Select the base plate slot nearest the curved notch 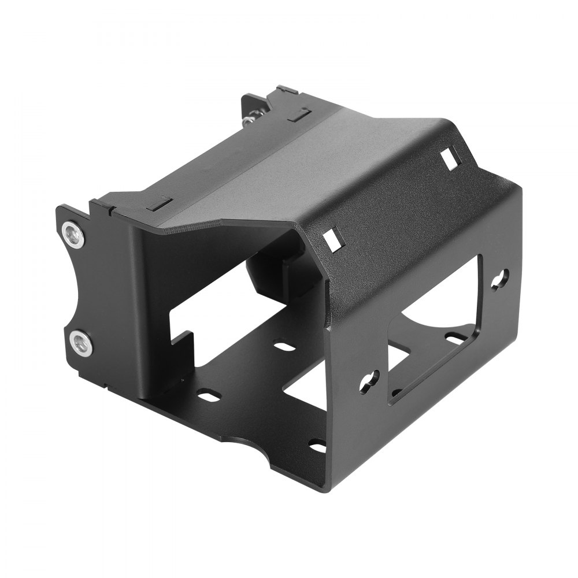point(317,446)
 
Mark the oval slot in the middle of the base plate point(283,348)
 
